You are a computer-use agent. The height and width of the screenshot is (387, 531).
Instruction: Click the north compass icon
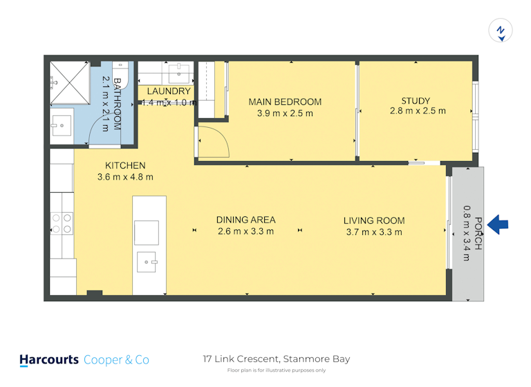click(x=500, y=30)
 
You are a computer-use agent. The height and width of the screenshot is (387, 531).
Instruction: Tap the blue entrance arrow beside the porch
click(x=498, y=224)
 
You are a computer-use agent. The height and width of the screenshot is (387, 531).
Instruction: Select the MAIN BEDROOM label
click(x=285, y=102)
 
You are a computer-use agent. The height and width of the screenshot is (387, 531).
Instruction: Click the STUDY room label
click(x=416, y=101)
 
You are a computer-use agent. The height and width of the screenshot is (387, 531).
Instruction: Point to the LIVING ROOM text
click(x=374, y=220)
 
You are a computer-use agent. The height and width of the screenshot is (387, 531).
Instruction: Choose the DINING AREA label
click(x=246, y=220)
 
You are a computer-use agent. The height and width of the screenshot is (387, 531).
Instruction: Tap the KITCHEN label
click(x=125, y=166)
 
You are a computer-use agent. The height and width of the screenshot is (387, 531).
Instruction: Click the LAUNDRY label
click(x=169, y=91)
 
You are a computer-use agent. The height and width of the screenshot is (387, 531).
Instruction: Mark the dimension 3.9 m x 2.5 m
click(x=285, y=113)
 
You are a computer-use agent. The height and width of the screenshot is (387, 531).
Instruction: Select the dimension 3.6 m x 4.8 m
click(x=125, y=177)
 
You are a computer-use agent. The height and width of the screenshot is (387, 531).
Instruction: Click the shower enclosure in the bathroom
click(x=70, y=83)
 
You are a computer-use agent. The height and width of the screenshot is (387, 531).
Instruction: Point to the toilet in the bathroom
click(x=120, y=75)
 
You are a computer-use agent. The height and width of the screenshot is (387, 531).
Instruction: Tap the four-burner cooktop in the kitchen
click(x=62, y=223)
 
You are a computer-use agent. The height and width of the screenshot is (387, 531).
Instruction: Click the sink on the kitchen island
click(x=147, y=262)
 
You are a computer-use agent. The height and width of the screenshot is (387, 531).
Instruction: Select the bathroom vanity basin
click(x=62, y=126)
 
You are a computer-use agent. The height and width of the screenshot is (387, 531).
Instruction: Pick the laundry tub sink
click(x=179, y=72)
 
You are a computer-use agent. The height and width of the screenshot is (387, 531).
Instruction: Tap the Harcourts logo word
click(x=49, y=359)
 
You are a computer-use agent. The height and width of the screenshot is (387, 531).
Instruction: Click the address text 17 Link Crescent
click(x=241, y=359)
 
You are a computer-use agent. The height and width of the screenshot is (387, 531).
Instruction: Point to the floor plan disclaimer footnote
click(x=277, y=370)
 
